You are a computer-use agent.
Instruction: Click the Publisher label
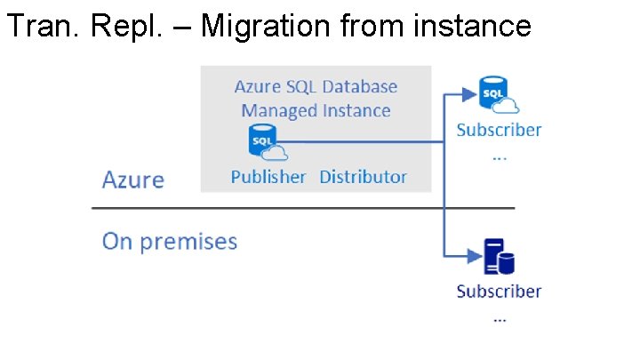[x=268, y=177]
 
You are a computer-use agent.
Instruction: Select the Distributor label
[x=363, y=177]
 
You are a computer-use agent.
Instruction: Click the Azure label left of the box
[x=133, y=180]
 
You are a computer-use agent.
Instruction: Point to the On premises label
[x=170, y=242]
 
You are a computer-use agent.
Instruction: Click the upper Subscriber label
[x=499, y=130]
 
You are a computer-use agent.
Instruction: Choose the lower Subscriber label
[x=499, y=292]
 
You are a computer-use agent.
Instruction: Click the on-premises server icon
[x=498, y=257]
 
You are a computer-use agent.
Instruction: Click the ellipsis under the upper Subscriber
[x=499, y=154]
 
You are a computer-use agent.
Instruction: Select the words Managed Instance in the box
[x=316, y=111]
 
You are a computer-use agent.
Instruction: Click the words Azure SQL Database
[x=316, y=87]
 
